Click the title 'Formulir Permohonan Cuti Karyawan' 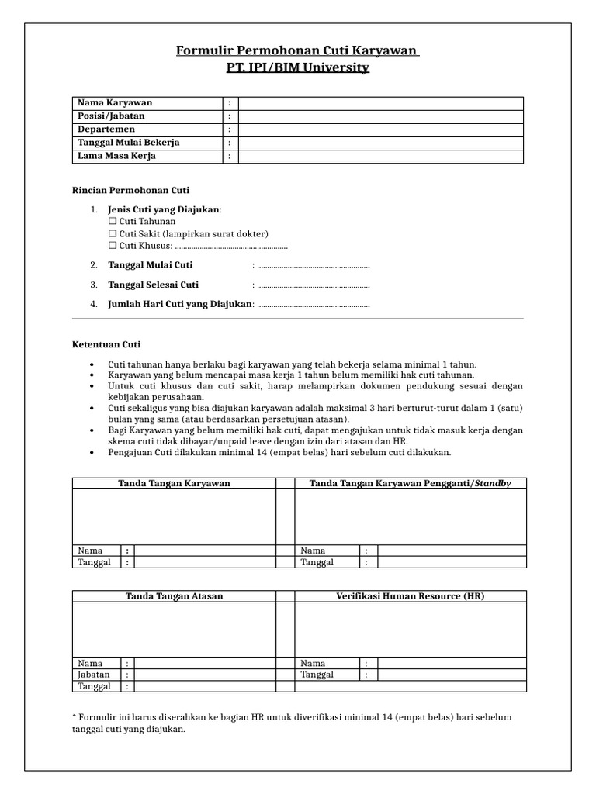[x=298, y=51]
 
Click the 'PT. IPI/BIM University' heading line [x=298, y=67]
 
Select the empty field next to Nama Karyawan [x=380, y=103]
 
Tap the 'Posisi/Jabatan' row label [x=111, y=116]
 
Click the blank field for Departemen [x=380, y=129]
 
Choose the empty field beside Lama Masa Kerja [x=380, y=156]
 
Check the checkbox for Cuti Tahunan [x=113, y=221]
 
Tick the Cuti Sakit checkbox [x=113, y=233]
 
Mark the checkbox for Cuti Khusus [x=113, y=246]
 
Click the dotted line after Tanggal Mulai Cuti [x=313, y=265]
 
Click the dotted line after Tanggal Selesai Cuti [x=313, y=285]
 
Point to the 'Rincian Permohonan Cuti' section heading [x=130, y=190]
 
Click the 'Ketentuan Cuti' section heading [x=107, y=344]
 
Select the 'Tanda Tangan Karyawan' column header [x=174, y=483]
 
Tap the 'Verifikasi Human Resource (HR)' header [x=410, y=595]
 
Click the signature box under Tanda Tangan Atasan [x=174, y=629]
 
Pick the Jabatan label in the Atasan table [x=94, y=675]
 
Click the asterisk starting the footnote [x=74, y=717]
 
